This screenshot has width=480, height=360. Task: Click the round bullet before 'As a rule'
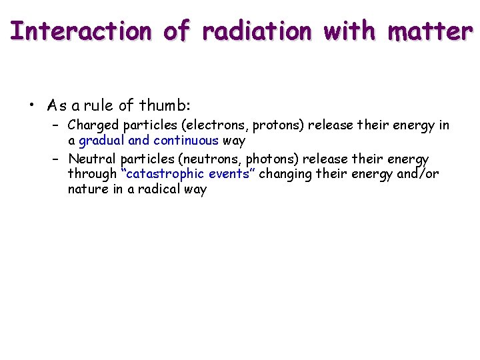[31, 105]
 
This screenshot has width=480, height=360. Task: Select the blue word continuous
[186, 141]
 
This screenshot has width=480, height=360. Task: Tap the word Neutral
[92, 159]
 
